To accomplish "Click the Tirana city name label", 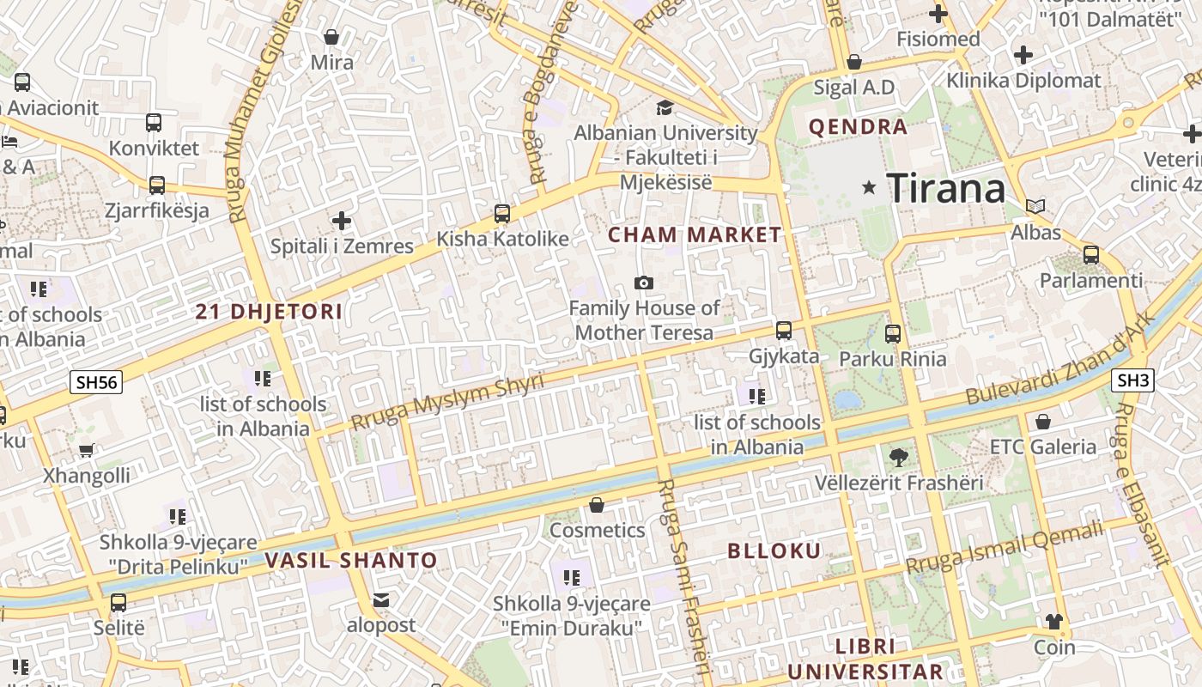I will [945, 188].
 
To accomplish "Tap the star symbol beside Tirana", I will [870, 187].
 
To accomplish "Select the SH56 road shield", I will [95, 383].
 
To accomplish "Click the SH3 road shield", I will [1132, 380].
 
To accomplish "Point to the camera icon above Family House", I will [643, 283].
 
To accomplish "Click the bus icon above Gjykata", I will [783, 330].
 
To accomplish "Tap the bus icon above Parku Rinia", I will [893, 333].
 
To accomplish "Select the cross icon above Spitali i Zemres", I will [342, 221].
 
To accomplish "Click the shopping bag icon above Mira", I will [331, 37].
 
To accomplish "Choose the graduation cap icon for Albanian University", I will [665, 107].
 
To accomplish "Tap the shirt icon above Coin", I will [1053, 622].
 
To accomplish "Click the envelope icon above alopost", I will [380, 599].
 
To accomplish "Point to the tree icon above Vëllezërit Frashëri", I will [898, 457].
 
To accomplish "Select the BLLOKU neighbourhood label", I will [774, 551].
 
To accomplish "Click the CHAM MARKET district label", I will [695, 234].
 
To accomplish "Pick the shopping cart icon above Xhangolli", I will [87, 450].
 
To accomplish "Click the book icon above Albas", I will [1035, 206].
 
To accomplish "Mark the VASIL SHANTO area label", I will [350, 561].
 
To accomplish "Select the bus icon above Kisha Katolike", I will [502, 213].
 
